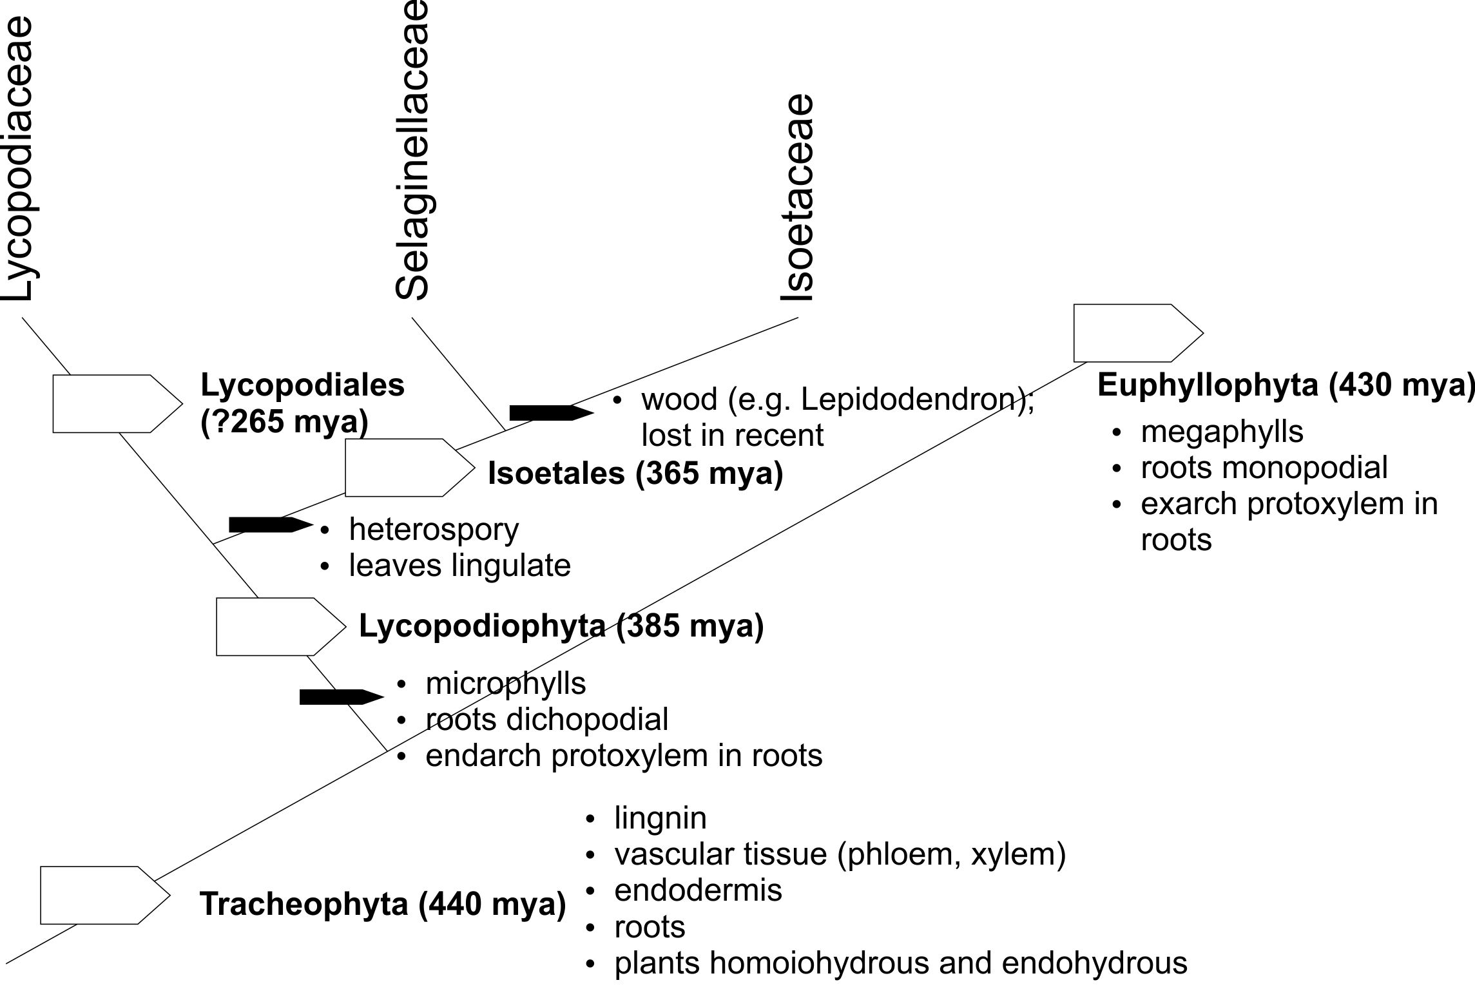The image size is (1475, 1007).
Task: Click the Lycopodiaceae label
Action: click(18, 158)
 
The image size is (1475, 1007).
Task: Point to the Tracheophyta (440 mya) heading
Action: click(383, 903)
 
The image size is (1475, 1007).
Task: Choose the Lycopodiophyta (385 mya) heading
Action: click(561, 626)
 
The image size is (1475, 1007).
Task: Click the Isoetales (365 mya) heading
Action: click(635, 474)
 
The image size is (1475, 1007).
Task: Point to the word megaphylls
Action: click(1222, 432)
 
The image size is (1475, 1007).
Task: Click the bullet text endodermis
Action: click(698, 890)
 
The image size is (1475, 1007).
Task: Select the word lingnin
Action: click(660, 818)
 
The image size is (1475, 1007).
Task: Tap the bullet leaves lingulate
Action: click(459, 566)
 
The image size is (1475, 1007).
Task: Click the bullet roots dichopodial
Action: click(546, 719)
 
